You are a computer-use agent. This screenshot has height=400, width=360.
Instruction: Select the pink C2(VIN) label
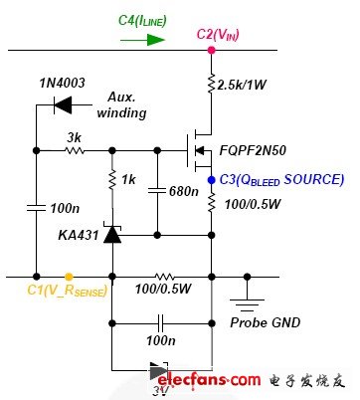click(218, 34)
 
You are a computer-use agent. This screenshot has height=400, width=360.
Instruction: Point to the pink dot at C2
click(210, 47)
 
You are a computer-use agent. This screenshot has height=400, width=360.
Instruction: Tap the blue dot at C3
click(210, 180)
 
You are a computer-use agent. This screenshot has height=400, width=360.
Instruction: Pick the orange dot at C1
click(67, 276)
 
